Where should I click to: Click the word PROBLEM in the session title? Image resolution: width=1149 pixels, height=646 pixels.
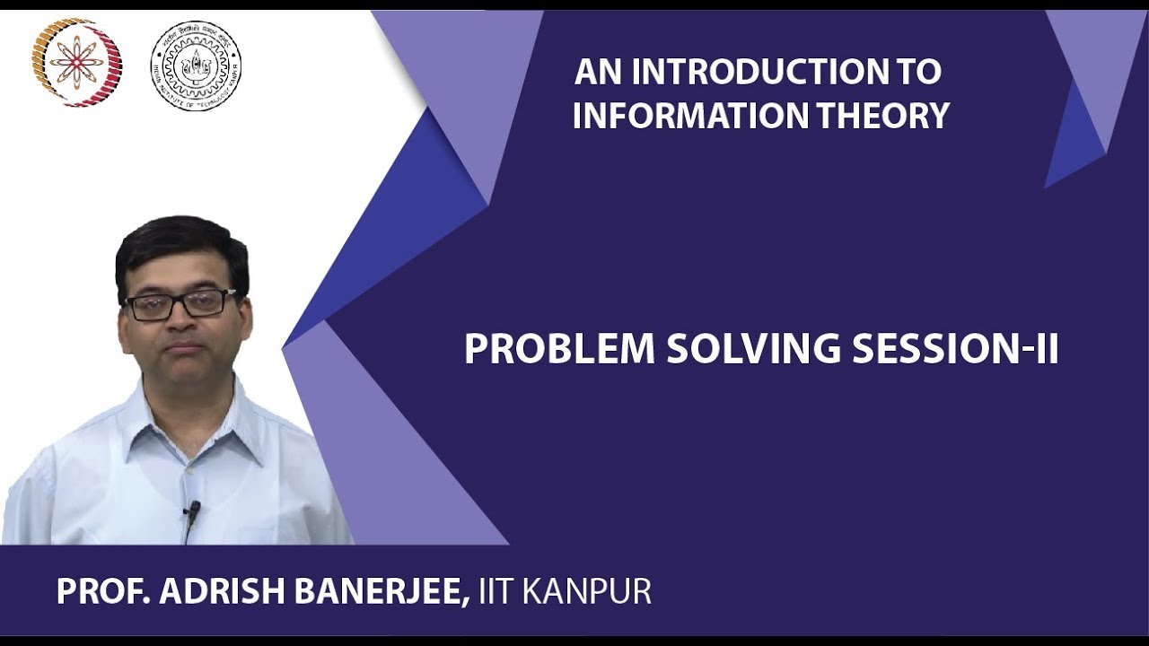(x=559, y=349)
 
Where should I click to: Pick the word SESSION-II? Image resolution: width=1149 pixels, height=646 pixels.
(x=955, y=349)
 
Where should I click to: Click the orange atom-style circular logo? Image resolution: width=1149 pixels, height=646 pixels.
(x=76, y=63)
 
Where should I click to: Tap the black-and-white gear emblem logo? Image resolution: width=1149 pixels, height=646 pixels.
(x=196, y=65)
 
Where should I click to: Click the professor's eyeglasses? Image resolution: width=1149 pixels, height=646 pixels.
(x=180, y=303)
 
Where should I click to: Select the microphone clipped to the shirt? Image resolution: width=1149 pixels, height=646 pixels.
(x=192, y=511)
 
